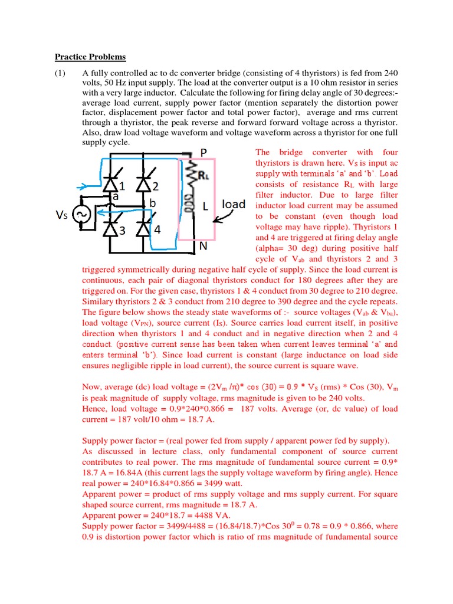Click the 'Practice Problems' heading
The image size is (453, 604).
pos(90,57)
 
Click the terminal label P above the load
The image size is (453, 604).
pos(203,153)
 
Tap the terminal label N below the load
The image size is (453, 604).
pos(202,247)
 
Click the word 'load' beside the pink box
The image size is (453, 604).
pos(234,204)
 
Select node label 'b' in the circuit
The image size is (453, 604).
pos(152,203)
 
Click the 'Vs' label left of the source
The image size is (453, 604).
pos(62,216)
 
